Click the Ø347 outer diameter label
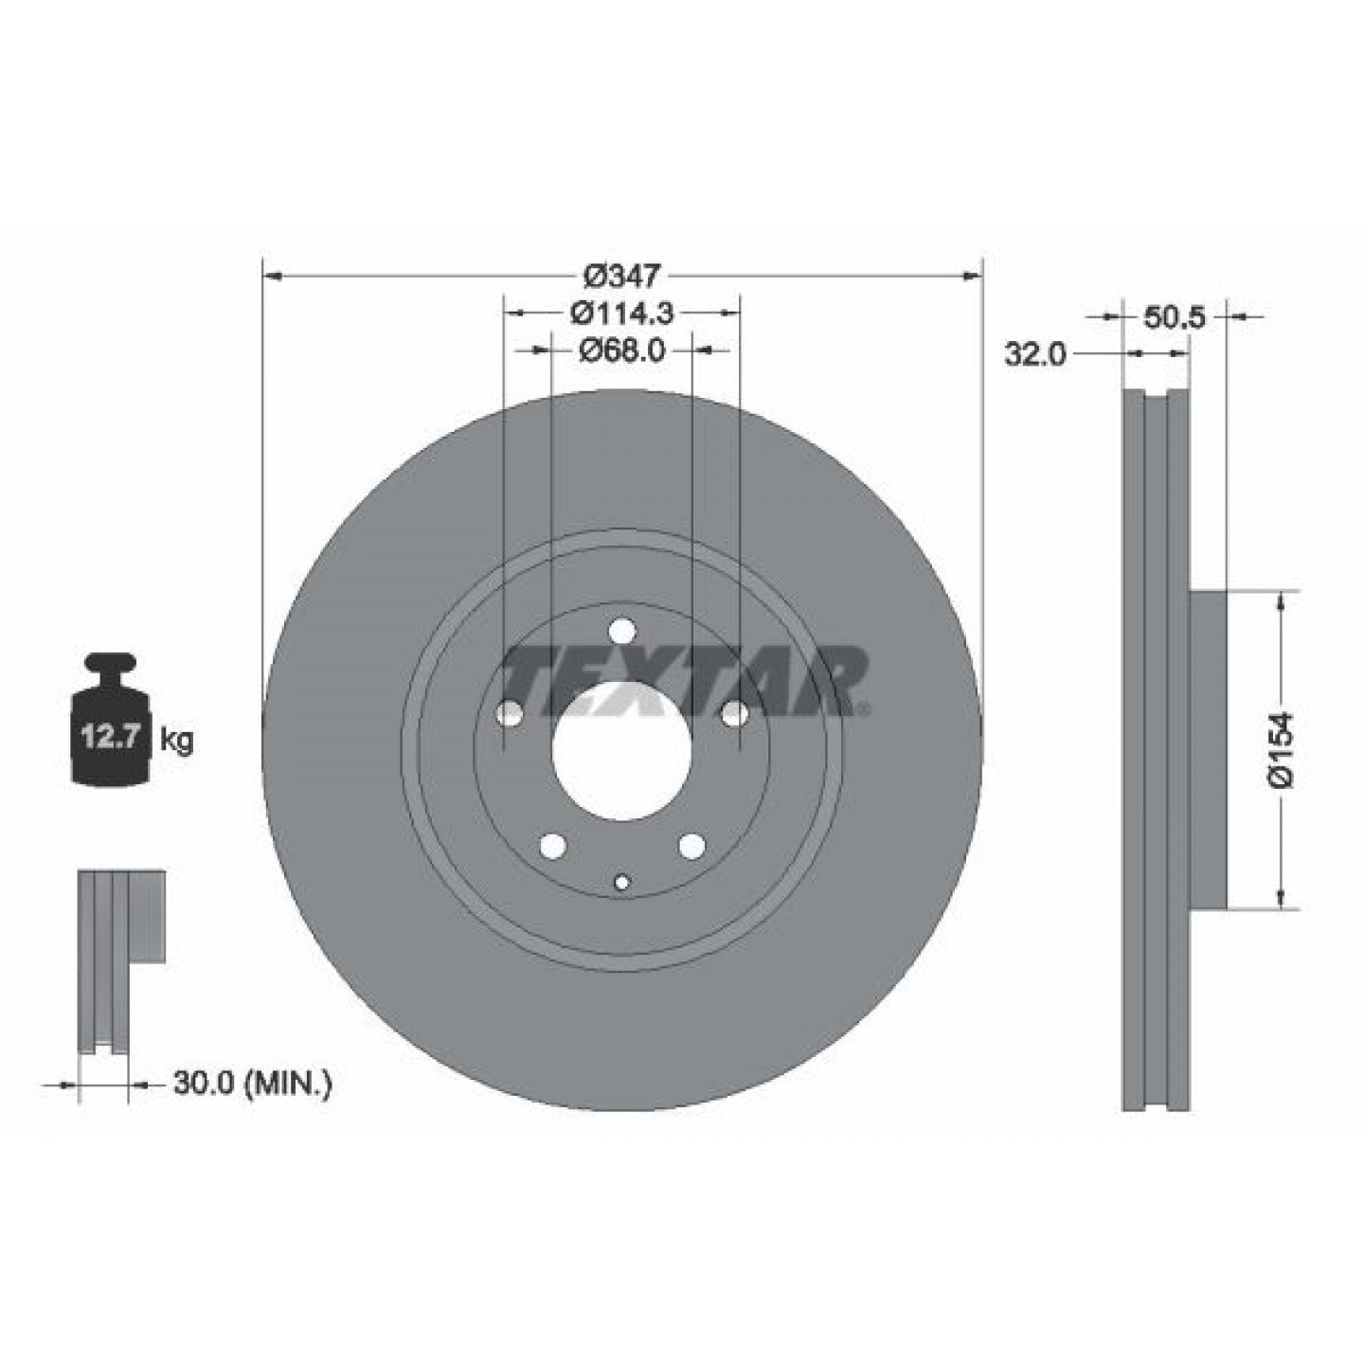click(x=621, y=276)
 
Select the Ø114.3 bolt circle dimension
click(x=621, y=313)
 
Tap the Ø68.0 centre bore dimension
click(x=621, y=350)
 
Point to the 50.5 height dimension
click(x=1174, y=317)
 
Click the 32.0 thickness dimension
click(x=1035, y=354)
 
